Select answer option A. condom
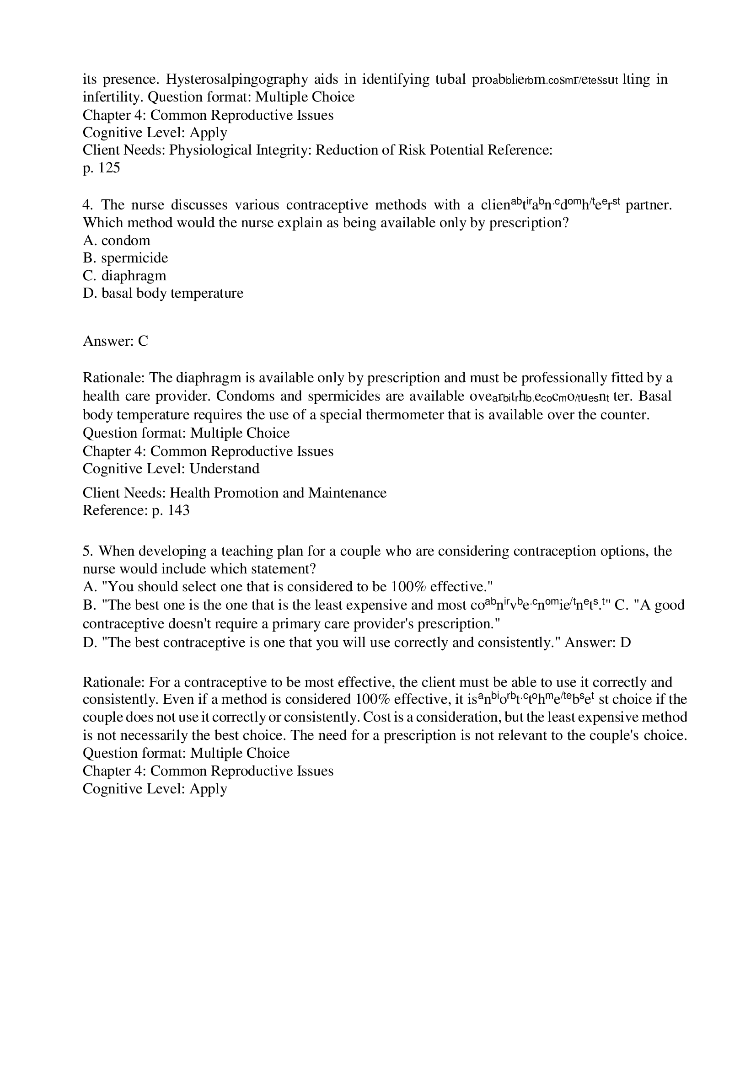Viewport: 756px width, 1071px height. point(117,241)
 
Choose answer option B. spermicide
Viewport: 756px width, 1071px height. point(125,258)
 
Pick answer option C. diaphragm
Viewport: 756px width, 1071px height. point(124,276)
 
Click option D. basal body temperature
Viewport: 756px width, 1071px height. point(163,294)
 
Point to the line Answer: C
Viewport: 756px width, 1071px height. point(116,342)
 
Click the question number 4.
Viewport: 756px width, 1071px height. point(86,205)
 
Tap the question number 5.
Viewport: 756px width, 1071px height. point(86,552)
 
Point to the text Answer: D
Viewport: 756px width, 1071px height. point(597,643)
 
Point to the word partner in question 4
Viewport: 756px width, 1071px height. point(649,205)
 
